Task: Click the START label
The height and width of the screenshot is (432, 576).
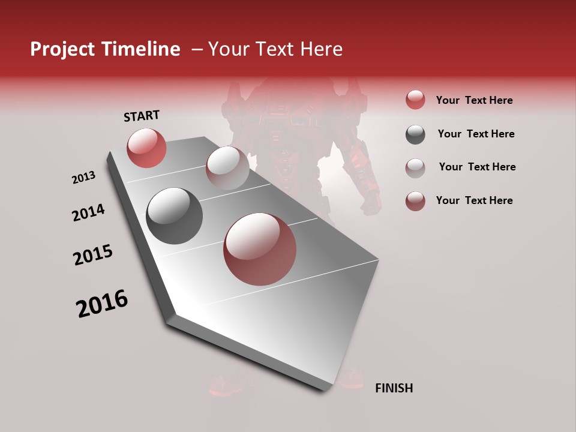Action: point(142,116)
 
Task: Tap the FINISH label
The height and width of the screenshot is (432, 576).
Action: point(394,388)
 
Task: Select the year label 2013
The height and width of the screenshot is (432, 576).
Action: point(83,178)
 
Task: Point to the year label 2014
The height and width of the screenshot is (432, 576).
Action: point(88,213)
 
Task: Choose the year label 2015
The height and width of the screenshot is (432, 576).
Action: point(93,255)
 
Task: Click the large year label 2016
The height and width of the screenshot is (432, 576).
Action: point(102,304)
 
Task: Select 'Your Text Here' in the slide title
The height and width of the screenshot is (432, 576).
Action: point(275,49)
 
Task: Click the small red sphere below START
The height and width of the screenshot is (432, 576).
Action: point(146,148)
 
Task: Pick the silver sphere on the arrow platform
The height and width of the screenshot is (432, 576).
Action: point(227,167)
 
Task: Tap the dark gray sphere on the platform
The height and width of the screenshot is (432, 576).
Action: point(174,216)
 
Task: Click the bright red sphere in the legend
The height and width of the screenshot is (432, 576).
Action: point(415,100)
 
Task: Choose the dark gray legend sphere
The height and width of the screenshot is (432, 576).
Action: point(415,134)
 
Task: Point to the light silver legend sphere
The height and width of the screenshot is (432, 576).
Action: point(415,167)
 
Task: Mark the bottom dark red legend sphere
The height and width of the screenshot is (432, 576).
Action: point(415,201)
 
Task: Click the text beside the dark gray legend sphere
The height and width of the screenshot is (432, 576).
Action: point(476,134)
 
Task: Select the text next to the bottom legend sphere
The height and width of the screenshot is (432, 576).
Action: point(474,200)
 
